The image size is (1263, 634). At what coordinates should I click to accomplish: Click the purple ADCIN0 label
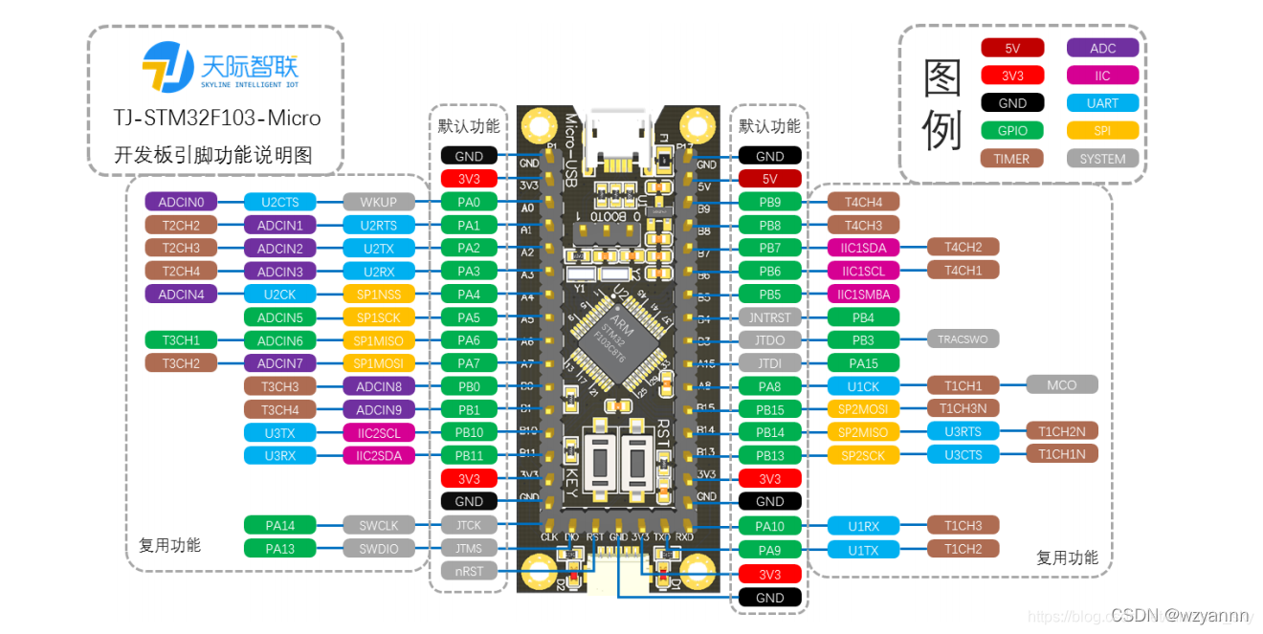pyautogui.click(x=181, y=202)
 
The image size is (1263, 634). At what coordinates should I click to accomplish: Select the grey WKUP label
pyautogui.click(x=379, y=202)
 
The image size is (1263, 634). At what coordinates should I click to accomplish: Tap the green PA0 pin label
pyautogui.click(x=469, y=202)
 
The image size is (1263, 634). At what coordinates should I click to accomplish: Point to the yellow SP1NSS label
pyautogui.click(x=379, y=295)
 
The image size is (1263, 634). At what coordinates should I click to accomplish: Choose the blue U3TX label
pyautogui.click(x=279, y=433)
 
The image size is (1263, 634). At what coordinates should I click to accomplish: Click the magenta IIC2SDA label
pyautogui.click(x=379, y=456)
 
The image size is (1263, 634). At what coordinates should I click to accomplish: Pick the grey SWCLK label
pyautogui.click(x=379, y=525)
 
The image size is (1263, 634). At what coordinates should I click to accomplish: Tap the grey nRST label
pyautogui.click(x=469, y=571)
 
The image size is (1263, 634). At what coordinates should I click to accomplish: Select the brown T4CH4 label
pyautogui.click(x=863, y=202)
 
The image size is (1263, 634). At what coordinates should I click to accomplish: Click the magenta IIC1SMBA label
pyautogui.click(x=863, y=295)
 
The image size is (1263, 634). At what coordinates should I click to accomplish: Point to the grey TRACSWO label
pyautogui.click(x=963, y=339)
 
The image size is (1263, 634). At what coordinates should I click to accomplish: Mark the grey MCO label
pyautogui.click(x=1061, y=384)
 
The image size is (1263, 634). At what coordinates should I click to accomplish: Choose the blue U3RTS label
pyautogui.click(x=963, y=431)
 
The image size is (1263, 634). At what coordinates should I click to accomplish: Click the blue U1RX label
pyautogui.click(x=863, y=525)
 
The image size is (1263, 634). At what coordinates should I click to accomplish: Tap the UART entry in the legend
pyautogui.click(x=1102, y=103)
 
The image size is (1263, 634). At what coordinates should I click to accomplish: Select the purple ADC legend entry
pyautogui.click(x=1102, y=48)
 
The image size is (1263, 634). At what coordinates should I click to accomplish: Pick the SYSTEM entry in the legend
pyautogui.click(x=1102, y=159)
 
